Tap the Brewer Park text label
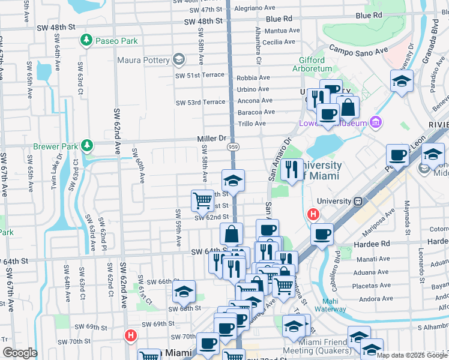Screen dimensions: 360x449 (x=55, y=146)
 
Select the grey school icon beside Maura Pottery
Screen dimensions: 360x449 (x=178, y=59)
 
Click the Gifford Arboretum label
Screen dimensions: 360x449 (x=313, y=65)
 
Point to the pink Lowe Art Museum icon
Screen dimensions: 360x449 (x=376, y=122)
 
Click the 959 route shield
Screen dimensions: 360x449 (x=234, y=147)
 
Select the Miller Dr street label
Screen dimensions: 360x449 (x=211, y=139)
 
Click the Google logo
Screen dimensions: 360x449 (x=20, y=352)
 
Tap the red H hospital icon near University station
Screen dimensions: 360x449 (x=313, y=214)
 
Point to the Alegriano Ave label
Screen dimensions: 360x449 (x=273, y=10)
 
